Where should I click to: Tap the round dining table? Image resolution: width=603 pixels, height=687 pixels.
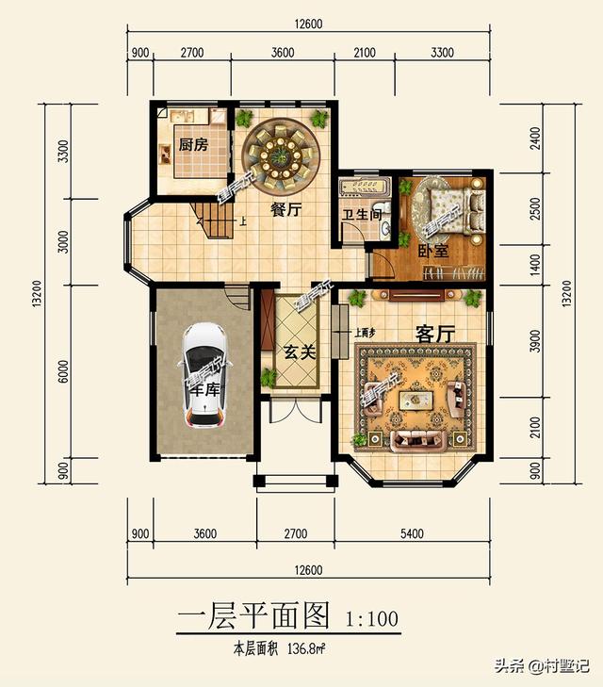(x=281, y=154)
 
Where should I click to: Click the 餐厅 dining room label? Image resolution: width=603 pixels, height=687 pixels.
(x=285, y=211)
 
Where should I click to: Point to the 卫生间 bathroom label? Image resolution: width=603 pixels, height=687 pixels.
(x=361, y=215)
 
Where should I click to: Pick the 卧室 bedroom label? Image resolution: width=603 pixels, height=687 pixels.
(x=432, y=252)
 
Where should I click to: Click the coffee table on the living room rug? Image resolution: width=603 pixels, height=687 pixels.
(x=416, y=399)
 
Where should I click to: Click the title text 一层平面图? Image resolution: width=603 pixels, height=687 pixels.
(x=254, y=616)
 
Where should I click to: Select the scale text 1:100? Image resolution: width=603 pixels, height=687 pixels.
(x=372, y=619)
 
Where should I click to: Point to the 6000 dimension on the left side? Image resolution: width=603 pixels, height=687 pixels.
(x=63, y=374)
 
